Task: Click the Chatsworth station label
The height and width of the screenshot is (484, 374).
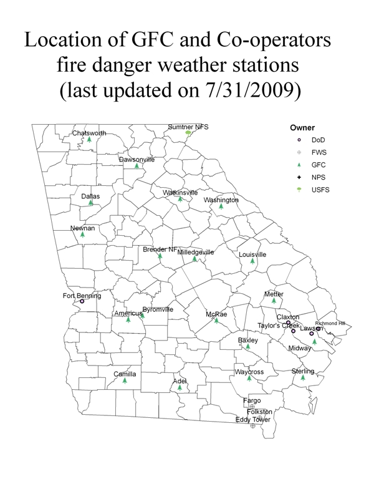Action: point(89,133)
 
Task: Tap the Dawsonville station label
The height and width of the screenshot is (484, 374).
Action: point(137,159)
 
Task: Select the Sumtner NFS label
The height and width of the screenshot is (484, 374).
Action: point(188,127)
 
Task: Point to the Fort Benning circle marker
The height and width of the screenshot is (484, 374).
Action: point(82,301)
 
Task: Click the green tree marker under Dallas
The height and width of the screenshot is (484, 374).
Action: point(91,203)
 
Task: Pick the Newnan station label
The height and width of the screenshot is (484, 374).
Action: point(82,228)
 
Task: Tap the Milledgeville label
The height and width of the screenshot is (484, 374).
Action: point(196,252)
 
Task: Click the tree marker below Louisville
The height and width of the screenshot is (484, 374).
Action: point(252,261)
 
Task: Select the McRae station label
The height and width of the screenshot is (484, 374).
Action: point(216,314)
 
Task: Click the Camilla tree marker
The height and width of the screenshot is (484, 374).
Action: point(125,380)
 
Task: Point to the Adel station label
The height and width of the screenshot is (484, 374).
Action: point(180,380)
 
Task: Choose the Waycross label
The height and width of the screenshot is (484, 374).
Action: point(249,372)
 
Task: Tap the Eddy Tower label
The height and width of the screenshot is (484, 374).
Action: point(252,420)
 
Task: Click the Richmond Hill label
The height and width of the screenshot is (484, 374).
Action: point(330,323)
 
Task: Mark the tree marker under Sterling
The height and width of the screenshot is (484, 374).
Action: point(303,378)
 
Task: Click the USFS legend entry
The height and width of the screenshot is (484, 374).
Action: point(320,190)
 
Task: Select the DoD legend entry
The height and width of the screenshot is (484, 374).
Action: point(318,140)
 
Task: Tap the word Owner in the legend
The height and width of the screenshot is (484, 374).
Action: point(302,128)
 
